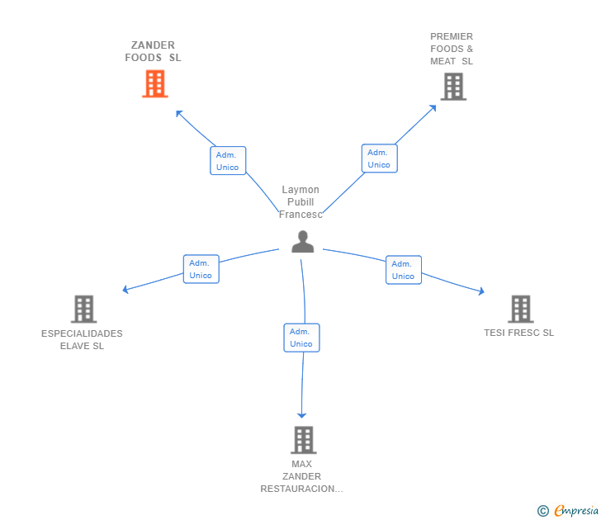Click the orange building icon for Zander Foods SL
(155, 84)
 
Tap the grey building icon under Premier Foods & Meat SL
(452, 87)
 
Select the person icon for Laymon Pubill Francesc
(303, 242)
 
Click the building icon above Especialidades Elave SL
(83, 310)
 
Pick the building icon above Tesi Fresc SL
(520, 310)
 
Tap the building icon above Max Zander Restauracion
(303, 440)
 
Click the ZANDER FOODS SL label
(154, 51)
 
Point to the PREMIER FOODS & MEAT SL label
(452, 49)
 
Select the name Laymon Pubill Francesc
(300, 202)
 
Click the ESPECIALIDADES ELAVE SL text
(82, 340)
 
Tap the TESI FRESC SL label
(519, 333)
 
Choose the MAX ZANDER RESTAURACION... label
(301, 476)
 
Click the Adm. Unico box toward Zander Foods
(228, 161)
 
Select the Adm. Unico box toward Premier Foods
(379, 158)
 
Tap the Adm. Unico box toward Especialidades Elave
(201, 269)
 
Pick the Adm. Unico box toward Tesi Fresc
(403, 270)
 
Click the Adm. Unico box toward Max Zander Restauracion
(301, 338)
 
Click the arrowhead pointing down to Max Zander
(302, 414)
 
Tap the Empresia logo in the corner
(569, 511)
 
